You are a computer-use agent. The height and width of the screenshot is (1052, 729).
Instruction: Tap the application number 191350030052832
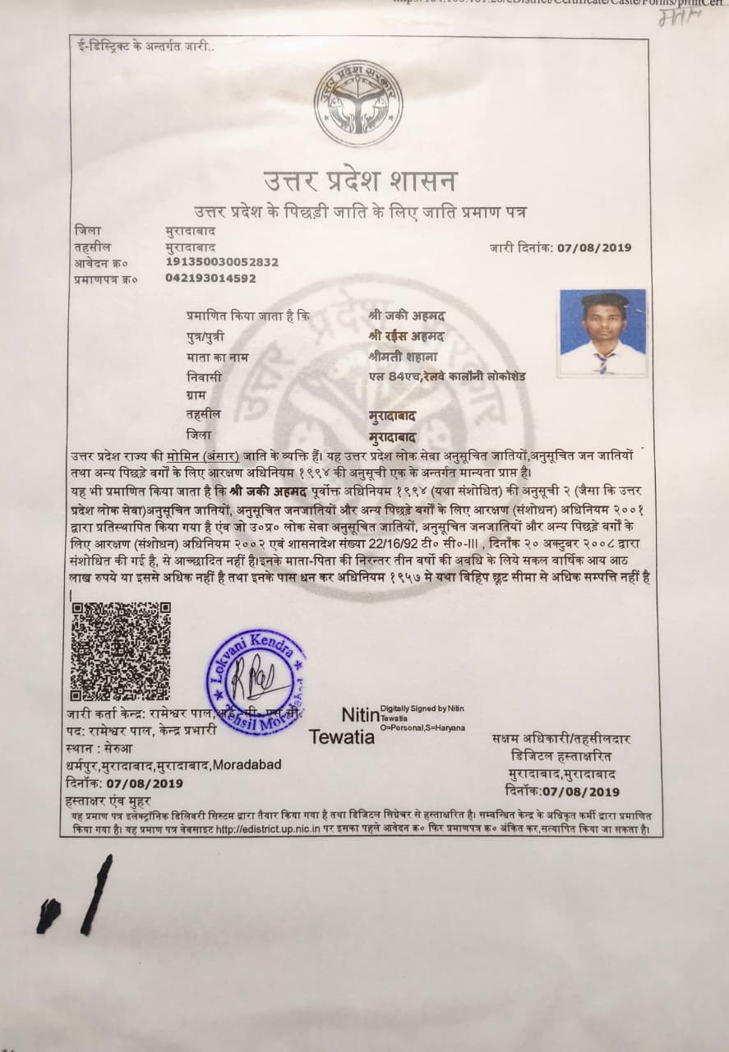tap(222, 262)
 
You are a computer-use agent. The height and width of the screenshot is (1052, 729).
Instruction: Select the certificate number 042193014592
tap(210, 279)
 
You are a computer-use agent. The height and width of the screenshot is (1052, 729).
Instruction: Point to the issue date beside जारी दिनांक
tap(594, 247)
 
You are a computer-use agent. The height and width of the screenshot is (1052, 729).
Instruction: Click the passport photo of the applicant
tap(603, 332)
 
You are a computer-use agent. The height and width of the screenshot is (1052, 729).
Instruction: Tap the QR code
tap(121, 650)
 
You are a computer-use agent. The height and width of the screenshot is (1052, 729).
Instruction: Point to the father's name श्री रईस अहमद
tap(407, 336)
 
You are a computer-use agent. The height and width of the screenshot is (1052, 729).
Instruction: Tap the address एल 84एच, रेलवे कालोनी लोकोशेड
tap(447, 376)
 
